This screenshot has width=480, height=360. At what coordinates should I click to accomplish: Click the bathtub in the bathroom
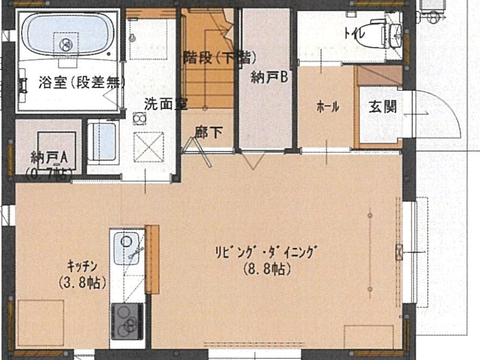68,34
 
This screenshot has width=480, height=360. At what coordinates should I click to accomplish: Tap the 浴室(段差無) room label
82,82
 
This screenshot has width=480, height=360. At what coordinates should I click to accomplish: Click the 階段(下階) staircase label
220,57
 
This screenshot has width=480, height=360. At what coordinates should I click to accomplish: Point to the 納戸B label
269,77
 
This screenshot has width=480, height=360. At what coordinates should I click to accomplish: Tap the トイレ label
355,32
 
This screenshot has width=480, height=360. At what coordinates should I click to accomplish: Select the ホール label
328,107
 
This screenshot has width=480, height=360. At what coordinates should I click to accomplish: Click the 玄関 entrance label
383,107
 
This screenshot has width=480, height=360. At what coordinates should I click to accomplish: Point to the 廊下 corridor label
208,133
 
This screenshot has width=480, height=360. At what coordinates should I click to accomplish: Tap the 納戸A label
49,158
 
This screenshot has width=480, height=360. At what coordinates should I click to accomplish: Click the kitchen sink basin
126,248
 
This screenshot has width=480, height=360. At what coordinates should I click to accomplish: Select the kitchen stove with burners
127,321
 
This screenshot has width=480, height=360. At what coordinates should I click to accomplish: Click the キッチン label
82,266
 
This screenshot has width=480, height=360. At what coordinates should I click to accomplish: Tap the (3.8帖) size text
82,283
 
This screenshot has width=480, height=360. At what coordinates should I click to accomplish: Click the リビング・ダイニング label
265,252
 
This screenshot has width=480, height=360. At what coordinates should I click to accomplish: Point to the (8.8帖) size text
267,270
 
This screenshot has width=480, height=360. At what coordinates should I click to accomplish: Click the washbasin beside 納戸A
103,142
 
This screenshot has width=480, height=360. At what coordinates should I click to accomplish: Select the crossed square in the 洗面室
149,147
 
